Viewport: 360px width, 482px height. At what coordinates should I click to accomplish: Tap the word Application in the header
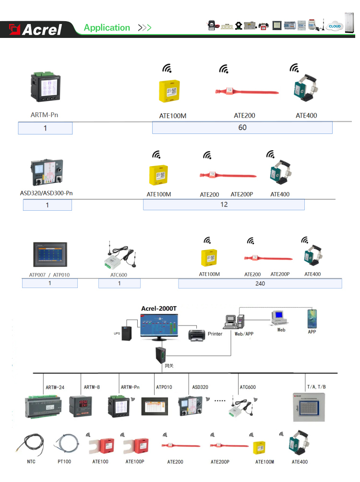[x=107, y=28]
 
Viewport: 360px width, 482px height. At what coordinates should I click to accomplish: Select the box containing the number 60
[x=242, y=128]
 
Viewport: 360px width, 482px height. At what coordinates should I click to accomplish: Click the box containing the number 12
[x=224, y=205]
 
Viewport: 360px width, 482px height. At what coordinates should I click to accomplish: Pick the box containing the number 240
[x=260, y=283]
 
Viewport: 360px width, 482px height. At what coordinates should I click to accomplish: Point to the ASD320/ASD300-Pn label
[x=46, y=193]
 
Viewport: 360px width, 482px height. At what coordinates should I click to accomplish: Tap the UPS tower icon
[x=127, y=330]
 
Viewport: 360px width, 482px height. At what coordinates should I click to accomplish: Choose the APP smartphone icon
[x=312, y=318]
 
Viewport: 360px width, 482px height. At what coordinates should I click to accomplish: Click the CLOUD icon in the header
[x=334, y=26]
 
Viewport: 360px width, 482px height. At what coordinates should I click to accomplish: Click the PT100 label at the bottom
[x=64, y=462]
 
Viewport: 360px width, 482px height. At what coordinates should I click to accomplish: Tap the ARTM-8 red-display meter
[x=78, y=406]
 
